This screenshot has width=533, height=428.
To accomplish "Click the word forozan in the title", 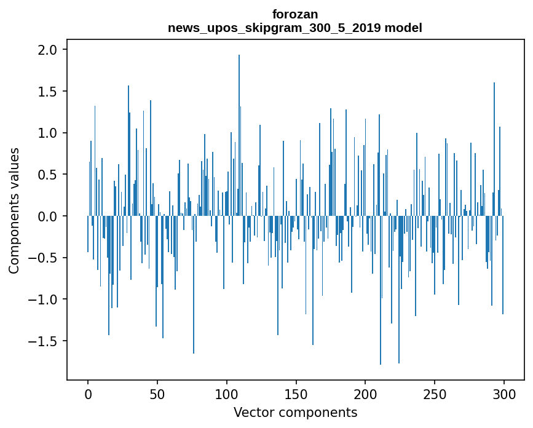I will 295,14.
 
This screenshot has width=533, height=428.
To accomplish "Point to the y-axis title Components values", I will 14,210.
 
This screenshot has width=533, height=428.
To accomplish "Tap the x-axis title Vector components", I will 295,412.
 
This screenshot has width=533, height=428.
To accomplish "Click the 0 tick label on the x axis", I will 88,394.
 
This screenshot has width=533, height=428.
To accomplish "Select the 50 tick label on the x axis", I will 157,394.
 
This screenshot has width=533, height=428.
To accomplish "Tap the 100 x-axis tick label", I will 227,394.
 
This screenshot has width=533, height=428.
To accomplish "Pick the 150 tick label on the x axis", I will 296,394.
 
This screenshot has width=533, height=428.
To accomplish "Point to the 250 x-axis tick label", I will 435,394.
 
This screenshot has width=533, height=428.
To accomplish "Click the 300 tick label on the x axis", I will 504,394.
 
